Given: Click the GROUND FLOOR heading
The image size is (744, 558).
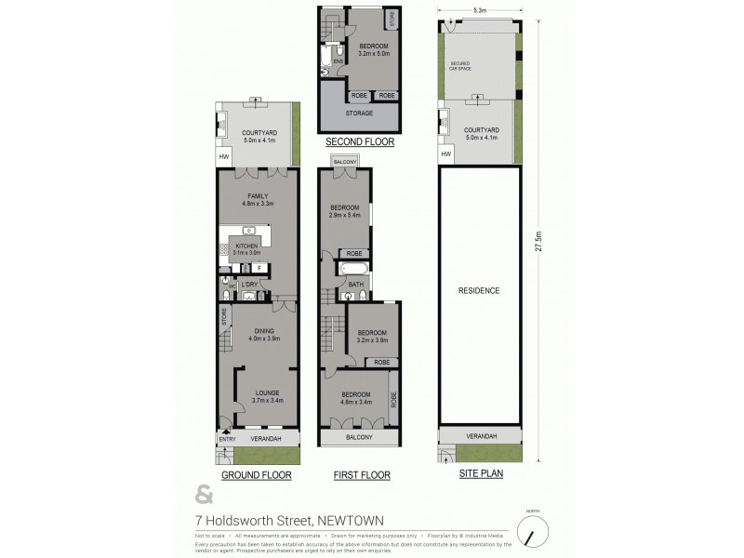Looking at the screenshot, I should point(256,475).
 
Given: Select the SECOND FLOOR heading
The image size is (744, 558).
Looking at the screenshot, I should point(360,142).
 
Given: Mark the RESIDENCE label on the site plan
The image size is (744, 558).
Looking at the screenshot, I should point(480,290).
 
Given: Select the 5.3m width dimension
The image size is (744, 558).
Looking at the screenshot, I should point(479,9).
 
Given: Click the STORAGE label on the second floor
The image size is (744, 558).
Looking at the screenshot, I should point(359,113).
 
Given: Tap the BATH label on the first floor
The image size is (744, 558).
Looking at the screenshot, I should point(355,284).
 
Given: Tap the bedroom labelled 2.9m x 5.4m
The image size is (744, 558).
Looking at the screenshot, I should point(345,211).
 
